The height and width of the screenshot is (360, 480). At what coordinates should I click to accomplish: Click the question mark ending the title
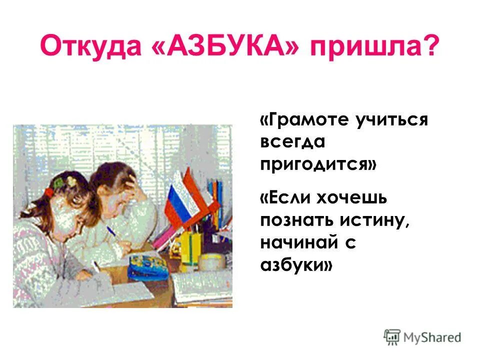(429, 46)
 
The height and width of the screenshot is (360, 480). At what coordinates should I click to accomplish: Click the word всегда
(292, 142)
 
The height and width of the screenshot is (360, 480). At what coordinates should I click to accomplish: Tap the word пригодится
(318, 164)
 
